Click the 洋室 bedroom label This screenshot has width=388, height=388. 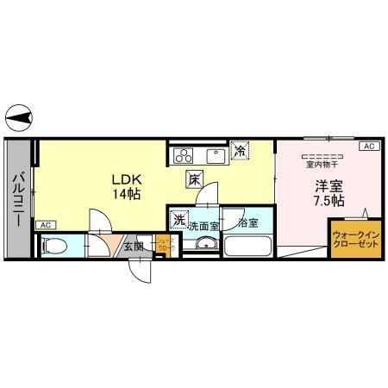(328, 185)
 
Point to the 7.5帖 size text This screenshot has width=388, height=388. (328, 200)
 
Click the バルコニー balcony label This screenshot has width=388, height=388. (17, 199)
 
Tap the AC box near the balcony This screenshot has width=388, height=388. (44, 225)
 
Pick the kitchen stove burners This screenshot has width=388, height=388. (185, 156)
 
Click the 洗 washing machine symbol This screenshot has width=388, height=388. (179, 219)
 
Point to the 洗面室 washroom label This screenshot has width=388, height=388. (203, 224)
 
